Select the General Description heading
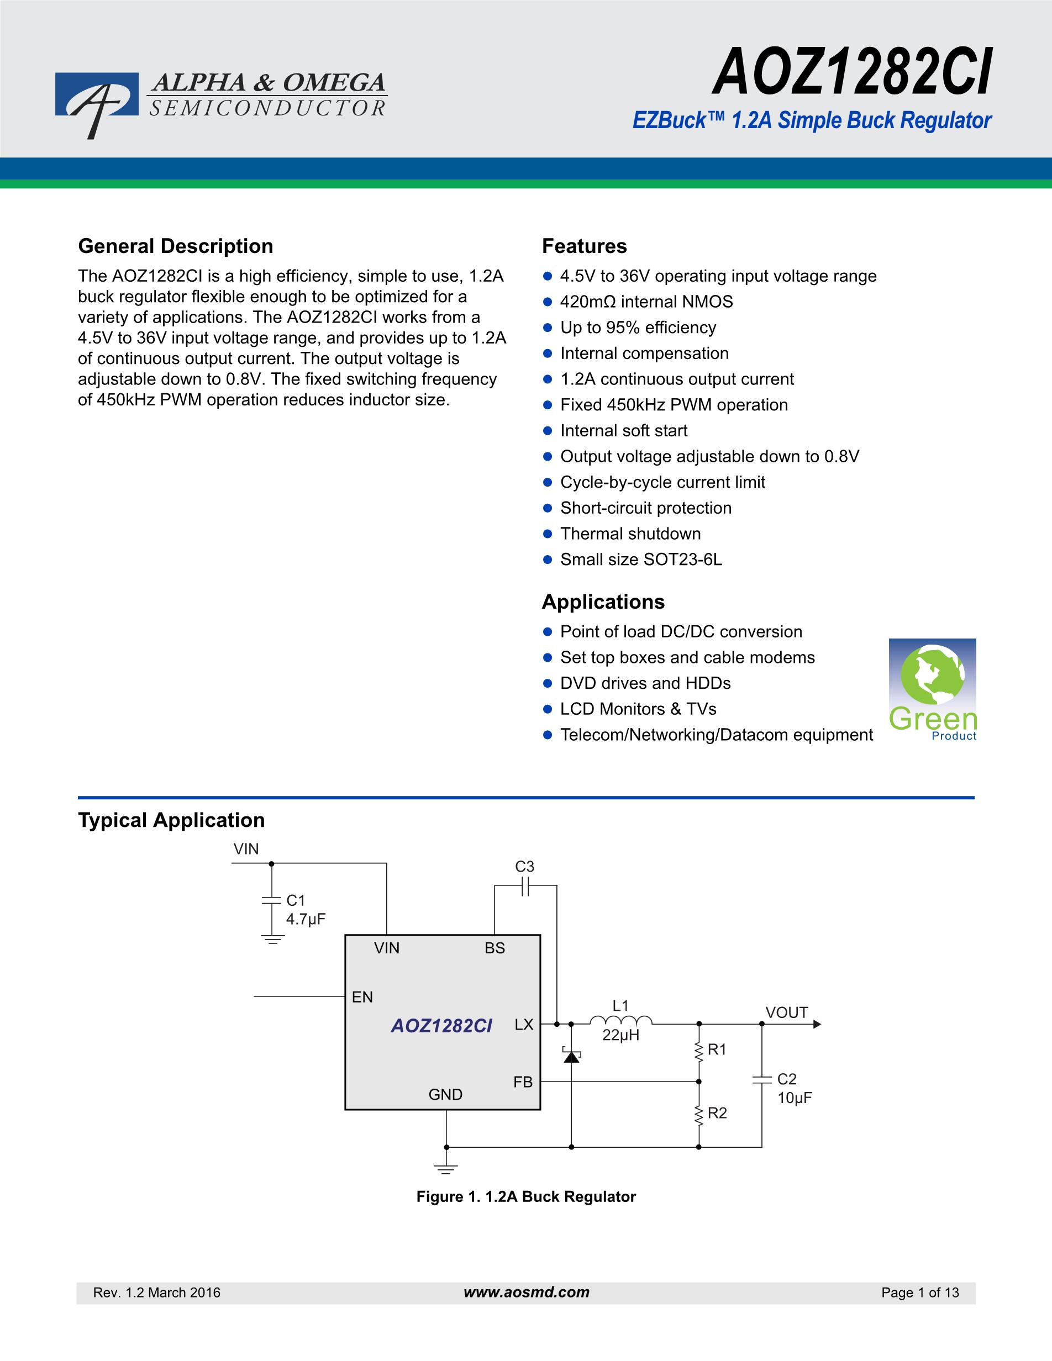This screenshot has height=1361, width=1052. pyautogui.click(x=175, y=246)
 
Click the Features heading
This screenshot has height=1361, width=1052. pyautogui.click(x=584, y=246)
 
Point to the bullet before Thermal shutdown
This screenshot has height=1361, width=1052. pyautogui.click(x=548, y=534)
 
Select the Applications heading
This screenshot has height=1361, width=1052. pyautogui.click(x=603, y=602)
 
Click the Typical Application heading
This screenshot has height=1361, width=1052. pyautogui.click(x=171, y=820)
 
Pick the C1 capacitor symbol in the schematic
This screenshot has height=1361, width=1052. pyautogui.click(x=272, y=900)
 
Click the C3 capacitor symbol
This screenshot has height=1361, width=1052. pyautogui.click(x=525, y=886)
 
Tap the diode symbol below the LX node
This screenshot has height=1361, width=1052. pyautogui.click(x=571, y=1056)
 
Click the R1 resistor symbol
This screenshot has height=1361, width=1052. pyautogui.click(x=698, y=1051)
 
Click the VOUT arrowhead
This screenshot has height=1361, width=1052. pyautogui.click(x=817, y=1024)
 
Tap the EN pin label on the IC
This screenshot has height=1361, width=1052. pyautogui.click(x=362, y=997)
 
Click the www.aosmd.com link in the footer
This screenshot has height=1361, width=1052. pyautogui.click(x=526, y=1293)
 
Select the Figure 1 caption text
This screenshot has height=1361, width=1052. pyautogui.click(x=526, y=1196)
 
